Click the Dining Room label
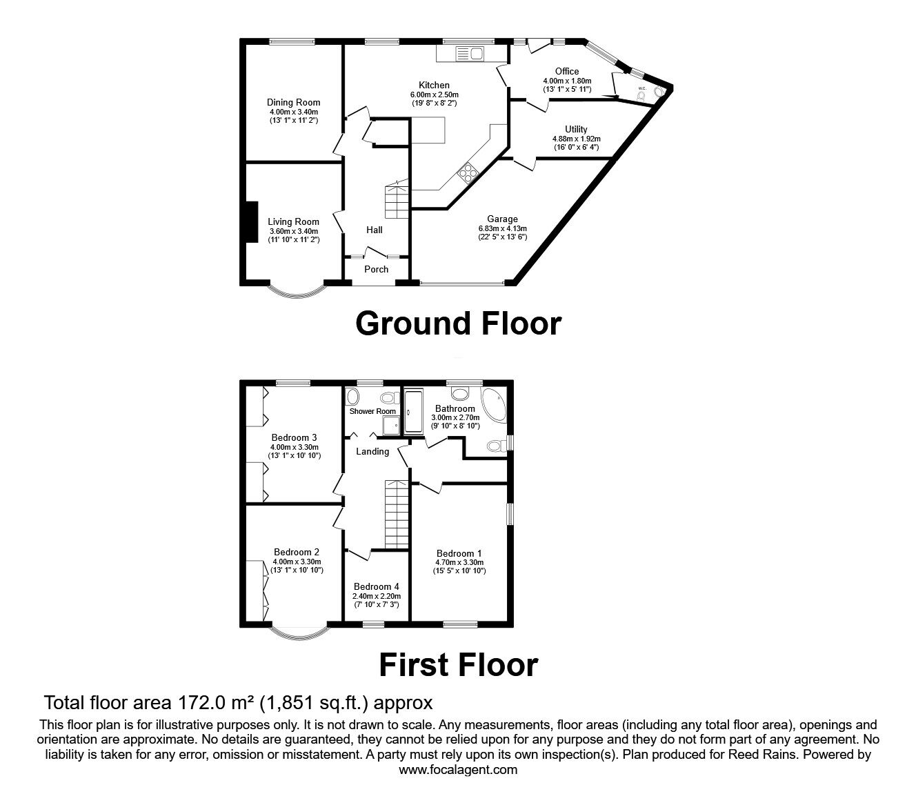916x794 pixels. pyautogui.click(x=293, y=102)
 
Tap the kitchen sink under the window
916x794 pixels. pyautogui.click(x=469, y=54)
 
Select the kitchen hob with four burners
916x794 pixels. pyautogui.click(x=467, y=172)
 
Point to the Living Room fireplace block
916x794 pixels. pyautogui.click(x=252, y=221)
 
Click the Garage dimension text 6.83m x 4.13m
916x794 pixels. pyautogui.click(x=503, y=229)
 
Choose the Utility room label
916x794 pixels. pyautogui.click(x=576, y=129)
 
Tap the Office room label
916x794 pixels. pyautogui.click(x=567, y=71)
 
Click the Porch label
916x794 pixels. pyautogui.click(x=376, y=269)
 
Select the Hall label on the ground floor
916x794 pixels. pyautogui.click(x=375, y=230)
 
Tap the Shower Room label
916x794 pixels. pyautogui.click(x=372, y=411)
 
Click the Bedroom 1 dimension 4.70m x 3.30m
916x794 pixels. pyautogui.click(x=459, y=562)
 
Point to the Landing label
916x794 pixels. pyautogui.click(x=372, y=451)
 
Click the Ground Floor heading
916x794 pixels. pyautogui.click(x=459, y=323)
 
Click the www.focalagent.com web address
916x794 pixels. pyautogui.click(x=458, y=769)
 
